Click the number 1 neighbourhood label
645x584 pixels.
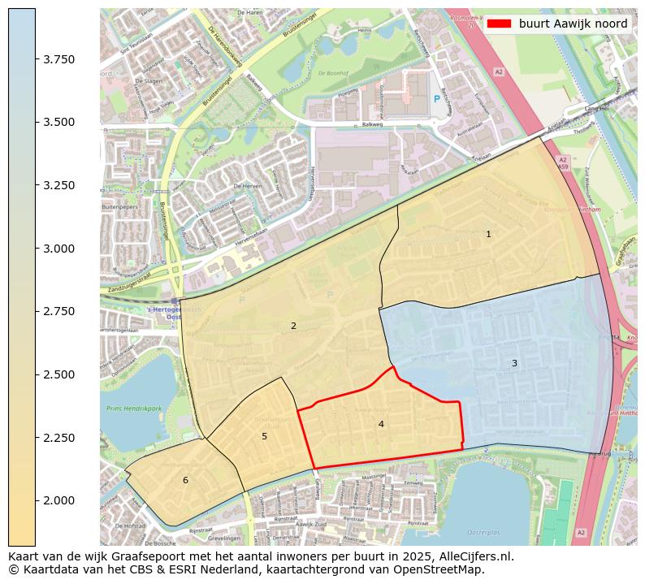pos(488,234)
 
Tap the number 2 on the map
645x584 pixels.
pos(293,326)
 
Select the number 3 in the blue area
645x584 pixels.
pos(514,363)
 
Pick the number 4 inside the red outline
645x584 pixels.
pos(381,424)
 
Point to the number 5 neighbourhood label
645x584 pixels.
pos(264,436)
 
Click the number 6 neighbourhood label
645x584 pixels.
pos(185,480)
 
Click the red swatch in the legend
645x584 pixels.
pos(500,24)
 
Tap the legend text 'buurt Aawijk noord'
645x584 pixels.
pos(573,24)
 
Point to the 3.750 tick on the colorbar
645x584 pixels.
pos(58,59)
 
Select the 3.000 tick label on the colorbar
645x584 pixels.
pos(58,248)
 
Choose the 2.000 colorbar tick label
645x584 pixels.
pos(58,500)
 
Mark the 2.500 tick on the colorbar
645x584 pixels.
pos(58,374)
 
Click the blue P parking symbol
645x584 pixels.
pos(437,99)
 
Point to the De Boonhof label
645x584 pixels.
pos(332,72)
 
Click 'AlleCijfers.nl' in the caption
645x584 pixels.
pos(473,557)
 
